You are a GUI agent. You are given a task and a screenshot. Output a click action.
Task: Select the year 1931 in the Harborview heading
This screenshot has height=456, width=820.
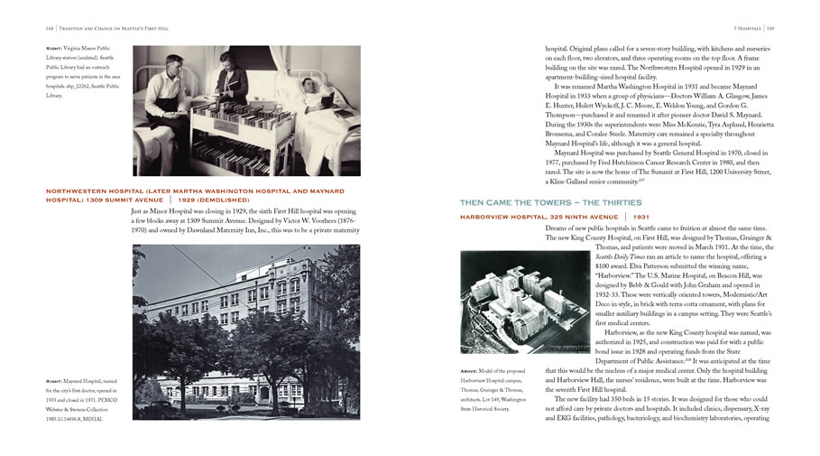pyautogui.click(x=640, y=217)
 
